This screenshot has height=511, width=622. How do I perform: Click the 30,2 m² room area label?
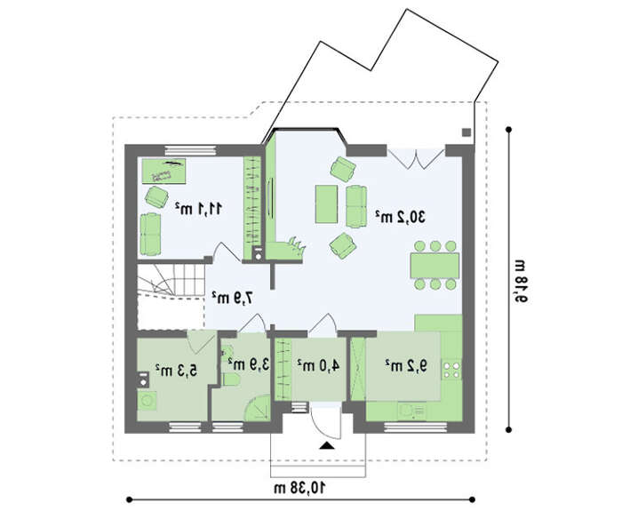pos(401,217)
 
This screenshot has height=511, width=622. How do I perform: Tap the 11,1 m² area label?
pos(199,208)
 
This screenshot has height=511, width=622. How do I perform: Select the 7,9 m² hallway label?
pos(232,298)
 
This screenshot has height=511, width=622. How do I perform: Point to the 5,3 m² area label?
pos(176,371)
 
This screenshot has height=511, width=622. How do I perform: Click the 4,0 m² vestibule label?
pos(318,365)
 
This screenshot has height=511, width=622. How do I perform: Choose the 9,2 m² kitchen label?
pos(406,365)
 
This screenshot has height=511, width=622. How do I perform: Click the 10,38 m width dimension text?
pos(300,488)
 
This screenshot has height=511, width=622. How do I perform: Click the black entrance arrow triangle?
pos(327,445)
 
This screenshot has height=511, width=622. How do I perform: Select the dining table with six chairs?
pos(435,265)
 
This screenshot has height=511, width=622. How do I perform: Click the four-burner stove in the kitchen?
pos(452,370)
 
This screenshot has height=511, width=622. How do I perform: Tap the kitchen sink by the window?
pos(411,411)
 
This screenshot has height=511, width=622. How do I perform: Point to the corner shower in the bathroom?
pos(259,408)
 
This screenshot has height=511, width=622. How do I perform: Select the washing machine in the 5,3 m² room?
pos(147,400)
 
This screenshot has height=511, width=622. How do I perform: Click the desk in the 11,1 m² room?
pos(163,171)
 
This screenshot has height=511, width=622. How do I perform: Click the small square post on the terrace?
pos(466,132)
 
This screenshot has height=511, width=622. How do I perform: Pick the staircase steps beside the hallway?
pos(171,280)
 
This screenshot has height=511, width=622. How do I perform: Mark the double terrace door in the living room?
pos(416,159)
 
